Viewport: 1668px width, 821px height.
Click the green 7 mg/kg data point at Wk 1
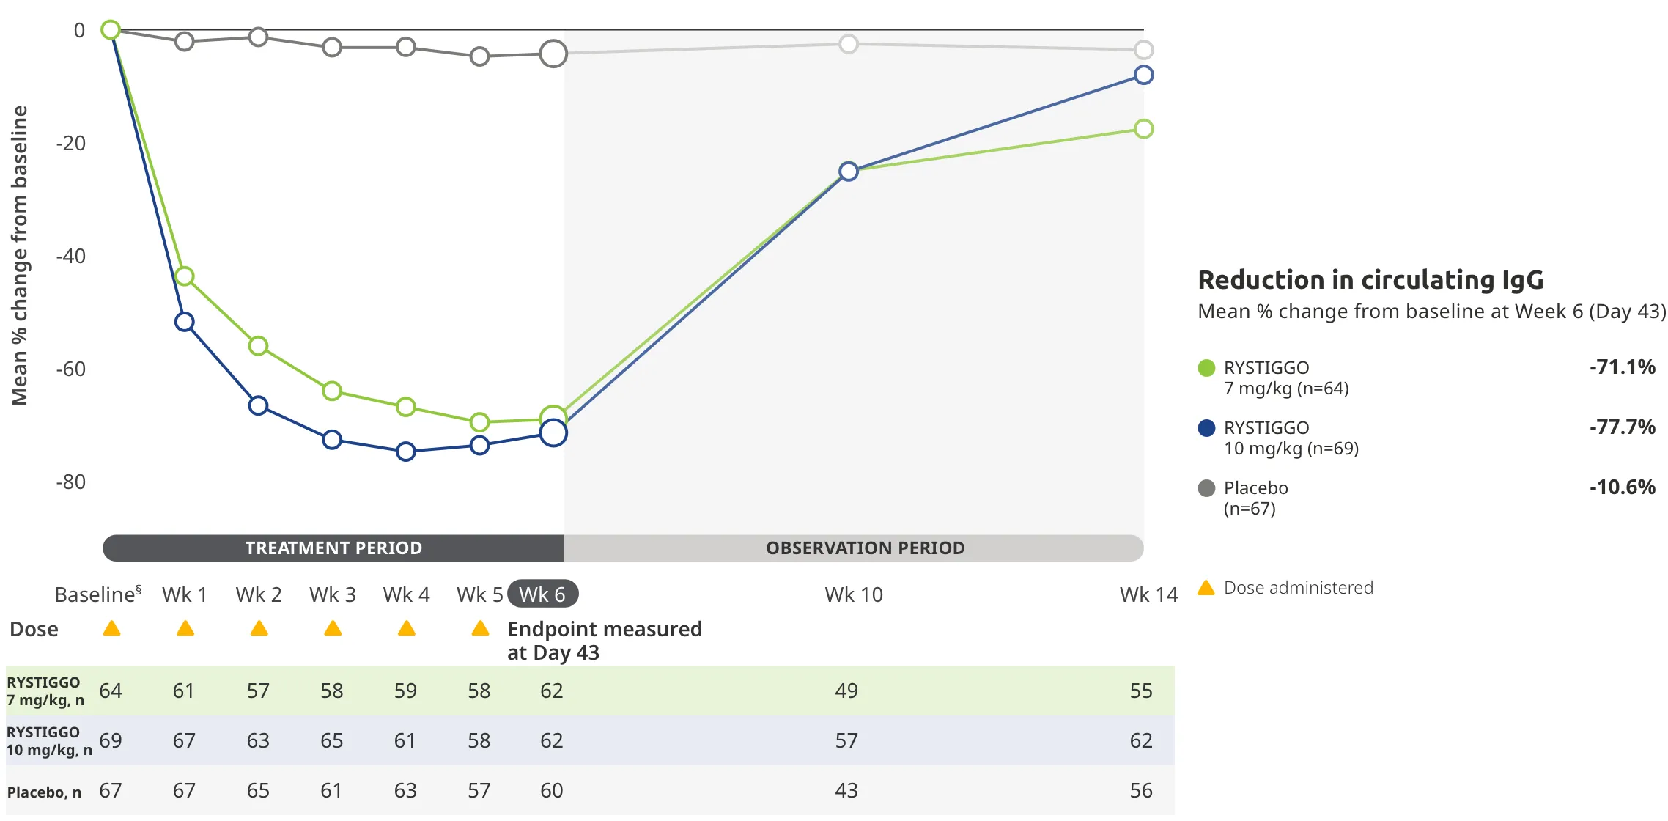point(185,276)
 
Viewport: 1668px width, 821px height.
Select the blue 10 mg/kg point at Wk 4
point(406,452)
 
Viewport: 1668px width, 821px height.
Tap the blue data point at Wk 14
point(1143,75)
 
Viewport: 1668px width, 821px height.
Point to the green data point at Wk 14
point(1143,129)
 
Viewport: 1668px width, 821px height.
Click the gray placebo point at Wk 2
point(258,37)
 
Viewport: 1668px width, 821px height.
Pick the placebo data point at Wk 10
point(849,44)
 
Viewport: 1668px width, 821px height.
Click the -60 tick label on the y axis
point(71,369)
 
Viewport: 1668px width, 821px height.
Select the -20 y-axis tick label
point(71,143)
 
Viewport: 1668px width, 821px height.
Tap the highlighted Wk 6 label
point(542,594)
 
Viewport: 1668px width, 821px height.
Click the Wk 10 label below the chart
point(854,594)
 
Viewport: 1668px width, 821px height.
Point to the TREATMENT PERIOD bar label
point(333,548)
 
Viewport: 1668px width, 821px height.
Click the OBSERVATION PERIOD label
point(865,548)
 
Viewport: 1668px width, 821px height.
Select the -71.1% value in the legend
point(1622,367)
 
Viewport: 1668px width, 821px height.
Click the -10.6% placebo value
point(1622,487)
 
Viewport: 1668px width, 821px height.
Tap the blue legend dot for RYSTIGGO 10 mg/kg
point(1206,428)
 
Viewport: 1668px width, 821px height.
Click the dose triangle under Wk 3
point(333,628)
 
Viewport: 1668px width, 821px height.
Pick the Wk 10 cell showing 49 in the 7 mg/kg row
point(846,691)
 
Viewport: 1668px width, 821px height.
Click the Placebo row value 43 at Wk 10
point(846,790)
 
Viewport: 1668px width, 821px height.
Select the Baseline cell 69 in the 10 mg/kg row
point(111,740)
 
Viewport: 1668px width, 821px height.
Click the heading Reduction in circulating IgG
point(1370,280)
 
